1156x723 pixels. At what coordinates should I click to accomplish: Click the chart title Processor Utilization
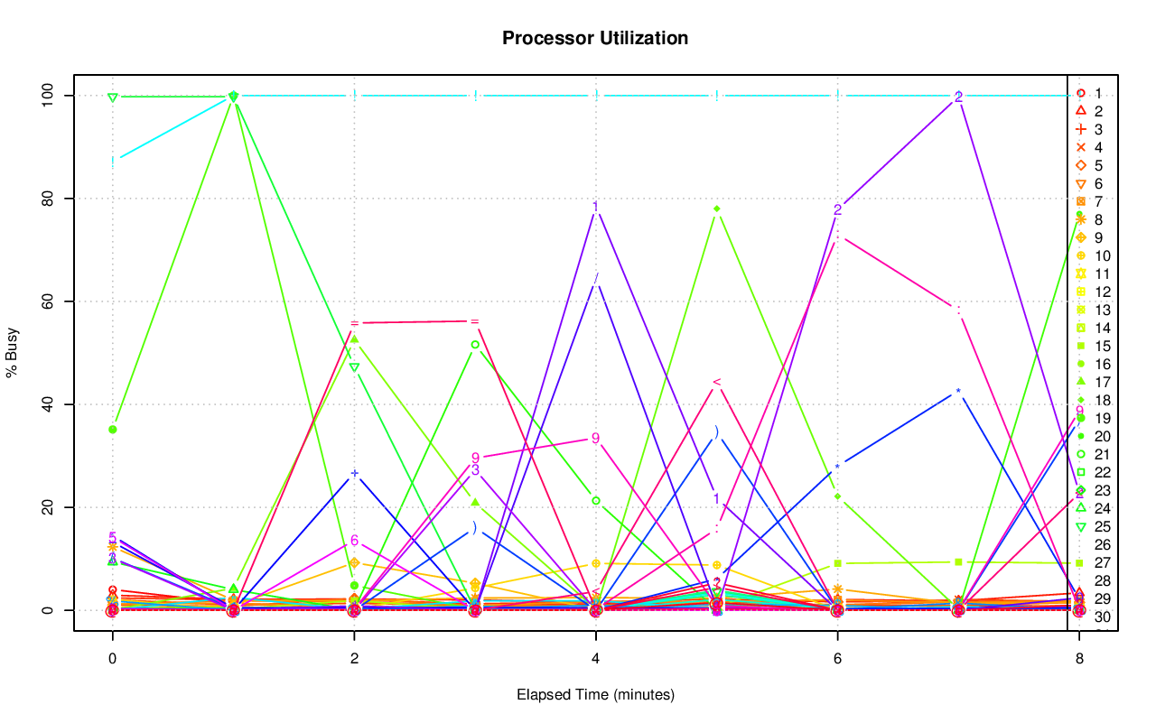(595, 38)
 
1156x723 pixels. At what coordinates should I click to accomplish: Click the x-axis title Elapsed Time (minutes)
(595, 695)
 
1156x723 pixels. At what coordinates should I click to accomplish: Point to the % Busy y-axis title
(14, 353)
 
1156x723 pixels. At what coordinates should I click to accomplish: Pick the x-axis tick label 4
(595, 660)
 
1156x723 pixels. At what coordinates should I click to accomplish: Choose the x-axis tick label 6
(837, 660)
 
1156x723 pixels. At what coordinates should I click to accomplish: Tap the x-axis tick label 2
(354, 660)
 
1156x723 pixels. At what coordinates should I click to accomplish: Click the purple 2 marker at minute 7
(958, 97)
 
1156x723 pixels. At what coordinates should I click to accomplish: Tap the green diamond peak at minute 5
(716, 209)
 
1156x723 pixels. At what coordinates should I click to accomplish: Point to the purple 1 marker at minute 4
(595, 208)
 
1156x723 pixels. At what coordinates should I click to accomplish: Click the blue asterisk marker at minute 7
(958, 392)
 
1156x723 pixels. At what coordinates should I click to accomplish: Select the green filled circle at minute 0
(113, 430)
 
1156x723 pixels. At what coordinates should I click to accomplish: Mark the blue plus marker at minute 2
(354, 474)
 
